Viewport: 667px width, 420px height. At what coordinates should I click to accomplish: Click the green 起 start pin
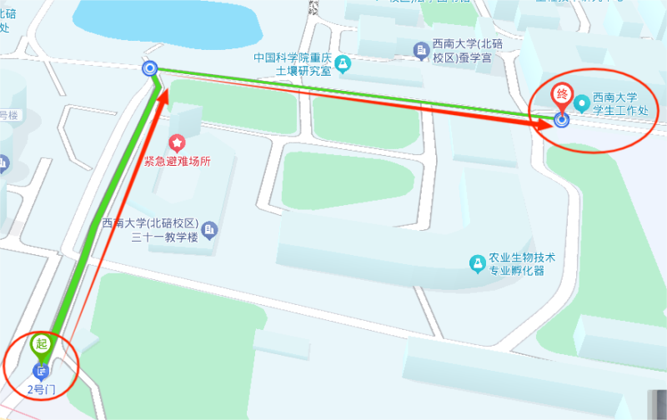tap(42, 343)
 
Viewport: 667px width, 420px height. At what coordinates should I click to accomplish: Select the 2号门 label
tap(41, 388)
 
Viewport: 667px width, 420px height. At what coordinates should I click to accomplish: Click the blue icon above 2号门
tap(41, 371)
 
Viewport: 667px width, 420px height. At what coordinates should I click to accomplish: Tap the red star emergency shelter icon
tap(177, 143)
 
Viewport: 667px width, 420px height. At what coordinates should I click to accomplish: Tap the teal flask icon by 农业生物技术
tap(477, 264)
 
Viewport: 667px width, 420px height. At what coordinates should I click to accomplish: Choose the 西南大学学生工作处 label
tap(619, 104)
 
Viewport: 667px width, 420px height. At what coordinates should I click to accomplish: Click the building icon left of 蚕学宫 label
tap(422, 52)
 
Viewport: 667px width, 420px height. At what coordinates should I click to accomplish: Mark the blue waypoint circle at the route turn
tap(150, 68)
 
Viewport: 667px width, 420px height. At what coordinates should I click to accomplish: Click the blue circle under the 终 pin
tap(562, 120)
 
